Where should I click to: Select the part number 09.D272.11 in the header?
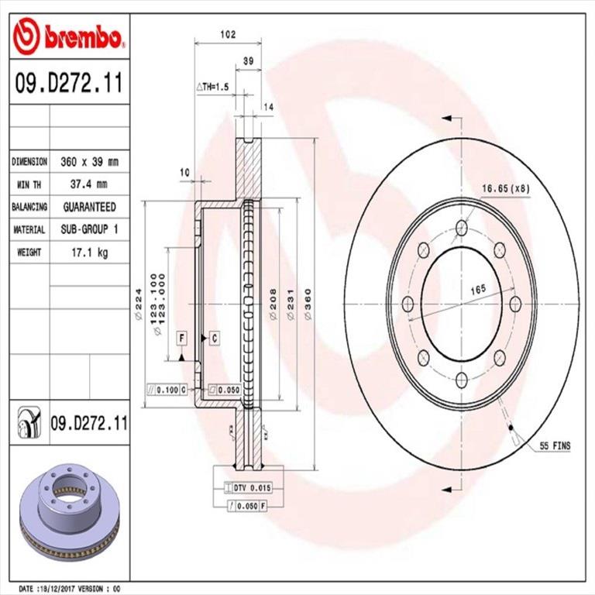tap(67, 83)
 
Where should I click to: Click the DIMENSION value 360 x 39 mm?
tap(89, 162)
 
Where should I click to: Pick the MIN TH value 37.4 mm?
tap(89, 184)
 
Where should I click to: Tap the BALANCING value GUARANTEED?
tap(89, 207)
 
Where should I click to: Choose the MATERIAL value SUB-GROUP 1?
tap(89, 230)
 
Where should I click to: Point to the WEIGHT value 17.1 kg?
tap(89, 253)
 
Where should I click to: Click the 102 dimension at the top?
tap(228, 34)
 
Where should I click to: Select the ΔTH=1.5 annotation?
tap(212, 88)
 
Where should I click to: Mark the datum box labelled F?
tap(181, 338)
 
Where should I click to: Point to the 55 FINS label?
tap(554, 447)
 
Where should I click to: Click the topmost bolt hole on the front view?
tap(462, 227)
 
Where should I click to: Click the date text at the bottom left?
tap(71, 589)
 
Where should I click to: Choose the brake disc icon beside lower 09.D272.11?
tap(29, 424)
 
